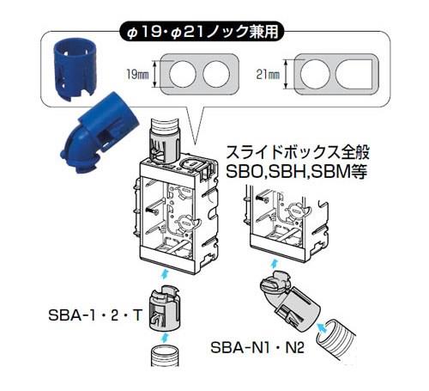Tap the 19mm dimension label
(137, 75)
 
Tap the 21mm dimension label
(268, 75)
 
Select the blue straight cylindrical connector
(76, 70)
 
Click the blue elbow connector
(98, 132)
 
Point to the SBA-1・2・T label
(95, 315)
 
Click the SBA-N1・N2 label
(257, 348)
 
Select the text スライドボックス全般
(298, 153)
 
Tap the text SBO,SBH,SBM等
(296, 171)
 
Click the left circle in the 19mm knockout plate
(183, 74)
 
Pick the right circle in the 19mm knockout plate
(216, 74)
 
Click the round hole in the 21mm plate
(315, 75)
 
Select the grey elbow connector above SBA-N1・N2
(290, 302)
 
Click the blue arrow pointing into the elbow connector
(323, 327)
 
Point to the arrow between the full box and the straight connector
(165, 274)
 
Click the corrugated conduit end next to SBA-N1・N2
(335, 340)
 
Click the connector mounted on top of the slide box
(164, 140)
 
